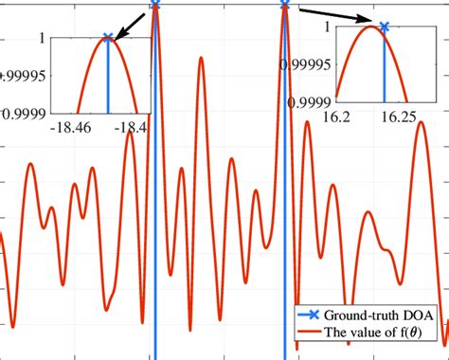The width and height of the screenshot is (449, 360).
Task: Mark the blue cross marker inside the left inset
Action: (x=107, y=39)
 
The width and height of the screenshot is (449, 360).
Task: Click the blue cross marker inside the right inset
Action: (x=384, y=27)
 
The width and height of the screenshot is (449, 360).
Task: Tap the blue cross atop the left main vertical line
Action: (x=155, y=5)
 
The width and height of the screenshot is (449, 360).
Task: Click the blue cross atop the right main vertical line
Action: (x=284, y=5)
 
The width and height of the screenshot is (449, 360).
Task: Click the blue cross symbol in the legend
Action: (x=305, y=315)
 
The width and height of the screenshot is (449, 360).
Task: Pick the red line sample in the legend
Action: (x=305, y=332)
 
